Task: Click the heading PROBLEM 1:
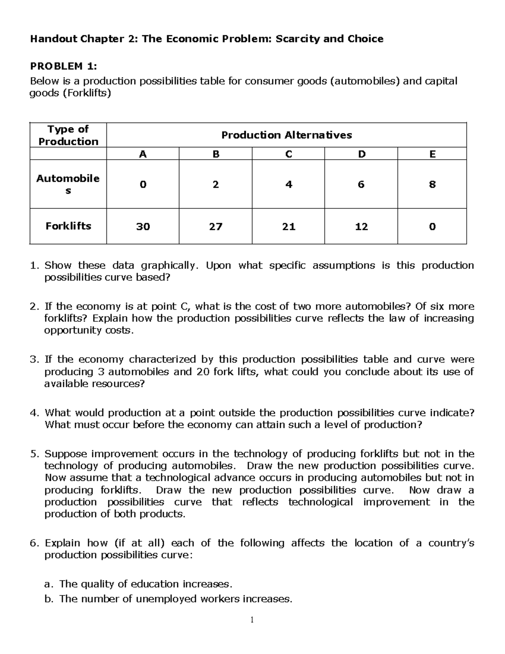click(63, 66)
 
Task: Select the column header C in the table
click(288, 154)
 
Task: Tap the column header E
click(432, 154)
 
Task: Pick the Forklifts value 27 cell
click(215, 227)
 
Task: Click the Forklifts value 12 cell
click(361, 227)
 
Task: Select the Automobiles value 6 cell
click(361, 184)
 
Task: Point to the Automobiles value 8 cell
click(432, 184)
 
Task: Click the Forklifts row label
click(68, 226)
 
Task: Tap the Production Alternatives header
click(286, 135)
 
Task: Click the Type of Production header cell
click(68, 135)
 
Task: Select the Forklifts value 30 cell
click(143, 227)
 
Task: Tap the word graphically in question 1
click(168, 266)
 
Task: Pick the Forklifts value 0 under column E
click(432, 227)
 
